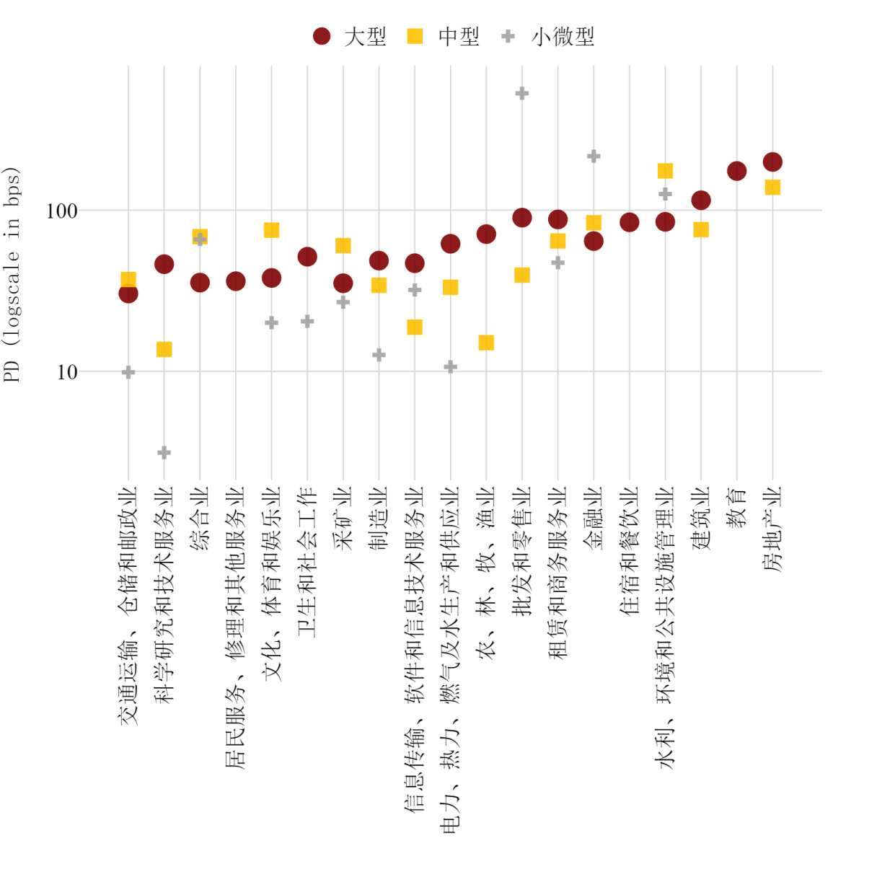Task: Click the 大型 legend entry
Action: (x=350, y=36)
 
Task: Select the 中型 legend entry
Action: (x=444, y=36)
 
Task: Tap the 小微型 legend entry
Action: (x=548, y=36)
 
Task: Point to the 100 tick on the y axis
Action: (x=61, y=211)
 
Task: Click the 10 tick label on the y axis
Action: (x=66, y=372)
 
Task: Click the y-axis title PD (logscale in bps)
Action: (x=12, y=274)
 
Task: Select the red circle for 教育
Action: (x=736, y=171)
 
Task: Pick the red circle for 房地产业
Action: (x=772, y=162)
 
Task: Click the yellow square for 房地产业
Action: (x=772, y=188)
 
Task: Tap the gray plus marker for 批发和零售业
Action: (x=522, y=93)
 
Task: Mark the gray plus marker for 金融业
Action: (x=594, y=157)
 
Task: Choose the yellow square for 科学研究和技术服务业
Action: (x=164, y=350)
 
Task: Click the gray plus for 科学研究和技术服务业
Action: (x=164, y=453)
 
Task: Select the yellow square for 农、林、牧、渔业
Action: (x=486, y=343)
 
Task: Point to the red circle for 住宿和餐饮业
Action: (x=630, y=222)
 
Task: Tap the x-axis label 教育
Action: (x=736, y=508)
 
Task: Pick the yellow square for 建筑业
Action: (x=701, y=229)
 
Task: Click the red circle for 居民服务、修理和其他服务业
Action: (x=236, y=281)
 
